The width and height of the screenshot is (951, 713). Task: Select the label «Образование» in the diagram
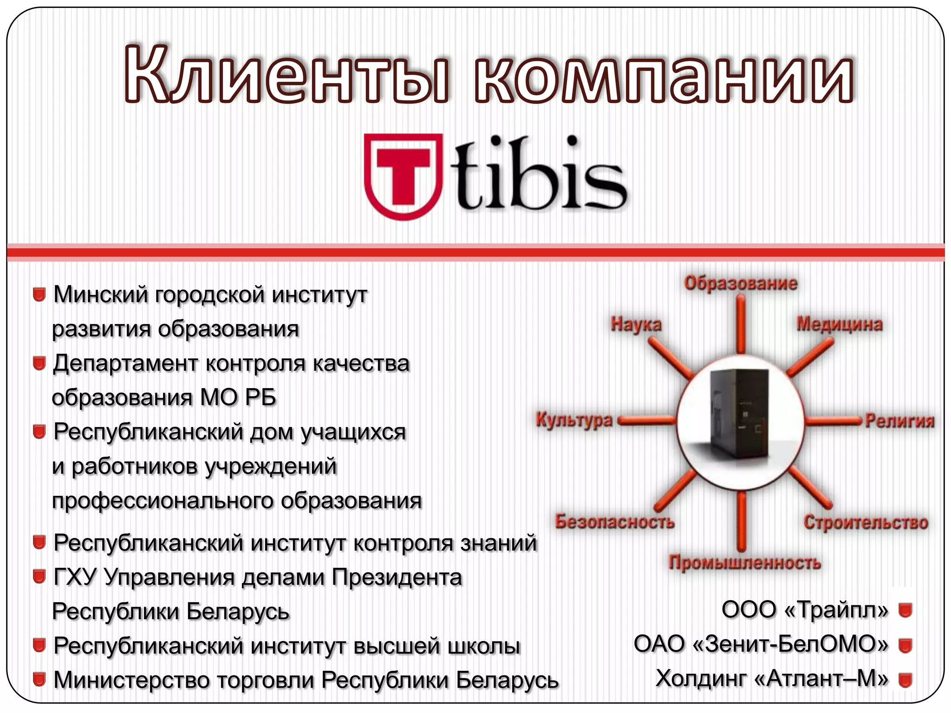pos(740,283)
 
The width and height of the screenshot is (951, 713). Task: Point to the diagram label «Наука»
pos(636,324)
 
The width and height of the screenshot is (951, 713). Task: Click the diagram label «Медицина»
pos(840,324)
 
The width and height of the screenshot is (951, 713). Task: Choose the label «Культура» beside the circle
pos(574,420)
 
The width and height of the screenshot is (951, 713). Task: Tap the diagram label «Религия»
pos(899,421)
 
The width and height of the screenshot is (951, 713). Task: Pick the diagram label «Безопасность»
pos(614,522)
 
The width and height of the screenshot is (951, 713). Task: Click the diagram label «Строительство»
pos(866,522)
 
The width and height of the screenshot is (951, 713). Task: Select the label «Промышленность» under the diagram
pos(744,563)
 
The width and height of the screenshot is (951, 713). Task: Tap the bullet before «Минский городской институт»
pos(39,295)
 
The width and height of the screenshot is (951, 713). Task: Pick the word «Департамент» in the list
pos(126,363)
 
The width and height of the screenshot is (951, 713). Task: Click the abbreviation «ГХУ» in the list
pos(75,577)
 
